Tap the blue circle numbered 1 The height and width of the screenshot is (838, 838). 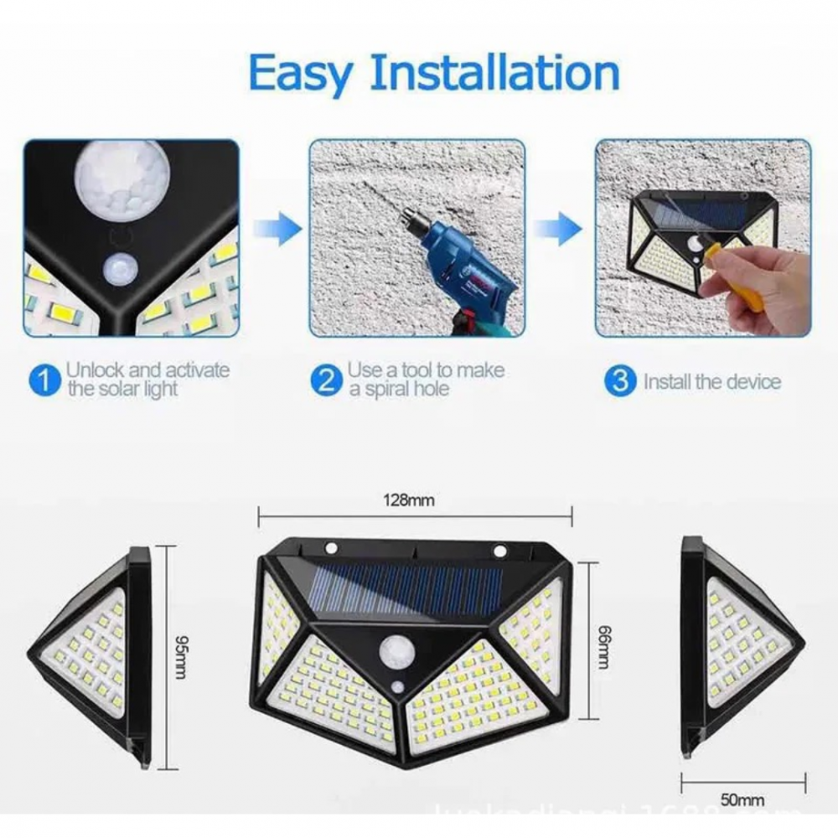point(44,381)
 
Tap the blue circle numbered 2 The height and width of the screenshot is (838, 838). point(326,381)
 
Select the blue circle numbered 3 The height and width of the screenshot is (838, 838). point(619,381)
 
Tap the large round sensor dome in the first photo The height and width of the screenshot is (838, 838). point(122,178)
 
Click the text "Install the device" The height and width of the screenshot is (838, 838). point(711,382)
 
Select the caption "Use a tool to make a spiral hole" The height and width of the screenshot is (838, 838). point(426,380)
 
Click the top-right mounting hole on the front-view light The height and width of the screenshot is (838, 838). point(500,551)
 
